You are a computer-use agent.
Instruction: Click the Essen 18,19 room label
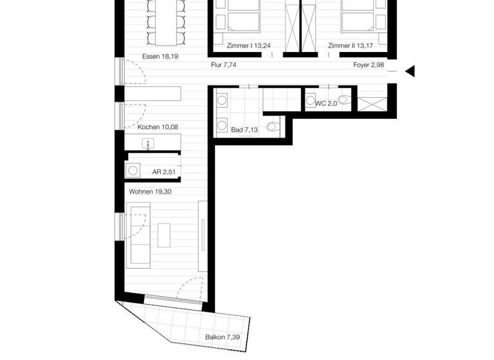click(x=160, y=57)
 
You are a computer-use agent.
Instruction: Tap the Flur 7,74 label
click(x=224, y=66)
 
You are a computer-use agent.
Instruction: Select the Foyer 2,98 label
click(x=369, y=66)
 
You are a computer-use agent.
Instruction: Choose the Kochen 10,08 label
click(x=158, y=127)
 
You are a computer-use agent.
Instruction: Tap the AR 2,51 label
click(x=164, y=172)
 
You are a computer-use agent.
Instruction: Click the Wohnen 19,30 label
click(x=151, y=191)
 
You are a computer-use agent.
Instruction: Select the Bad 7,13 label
click(x=245, y=130)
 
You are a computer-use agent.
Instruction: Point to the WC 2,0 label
click(x=326, y=103)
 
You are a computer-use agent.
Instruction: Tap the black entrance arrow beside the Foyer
click(x=409, y=71)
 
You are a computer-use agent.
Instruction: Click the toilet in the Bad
click(x=275, y=127)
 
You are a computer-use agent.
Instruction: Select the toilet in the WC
click(x=344, y=100)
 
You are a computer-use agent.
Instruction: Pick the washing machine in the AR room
click(x=134, y=171)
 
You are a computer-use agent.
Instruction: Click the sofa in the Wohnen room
click(x=140, y=234)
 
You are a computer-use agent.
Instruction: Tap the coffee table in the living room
click(x=165, y=234)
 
